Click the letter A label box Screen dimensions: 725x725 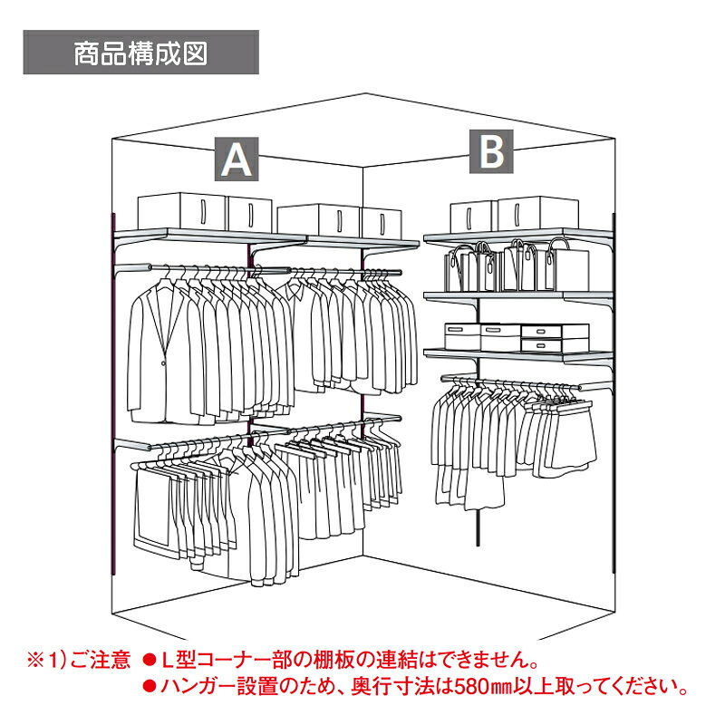(x=237, y=159)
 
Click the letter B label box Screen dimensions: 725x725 (x=491, y=151)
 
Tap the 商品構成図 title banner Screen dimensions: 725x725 (x=141, y=53)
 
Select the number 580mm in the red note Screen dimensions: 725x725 (x=483, y=686)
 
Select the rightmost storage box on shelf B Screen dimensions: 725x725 (x=537, y=213)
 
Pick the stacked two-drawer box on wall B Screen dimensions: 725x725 (x=555, y=337)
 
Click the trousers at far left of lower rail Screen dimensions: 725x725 (x=152, y=507)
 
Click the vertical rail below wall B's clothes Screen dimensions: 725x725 (x=478, y=527)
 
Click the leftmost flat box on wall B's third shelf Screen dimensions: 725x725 (x=462, y=336)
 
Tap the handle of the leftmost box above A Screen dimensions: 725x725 (x=203, y=212)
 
